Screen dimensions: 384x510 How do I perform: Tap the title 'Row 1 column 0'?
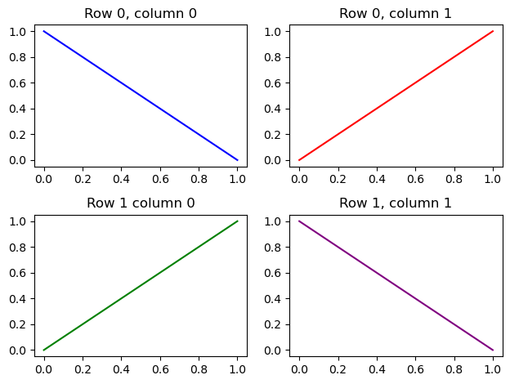tap(141, 203)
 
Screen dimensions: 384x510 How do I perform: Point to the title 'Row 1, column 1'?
tap(395, 203)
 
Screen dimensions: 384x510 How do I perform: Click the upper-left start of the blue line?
tap(44, 32)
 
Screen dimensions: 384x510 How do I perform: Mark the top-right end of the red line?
tap(493, 32)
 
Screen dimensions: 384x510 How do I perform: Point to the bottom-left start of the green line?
tap(44, 350)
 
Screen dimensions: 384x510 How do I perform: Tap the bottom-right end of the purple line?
tap(493, 350)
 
